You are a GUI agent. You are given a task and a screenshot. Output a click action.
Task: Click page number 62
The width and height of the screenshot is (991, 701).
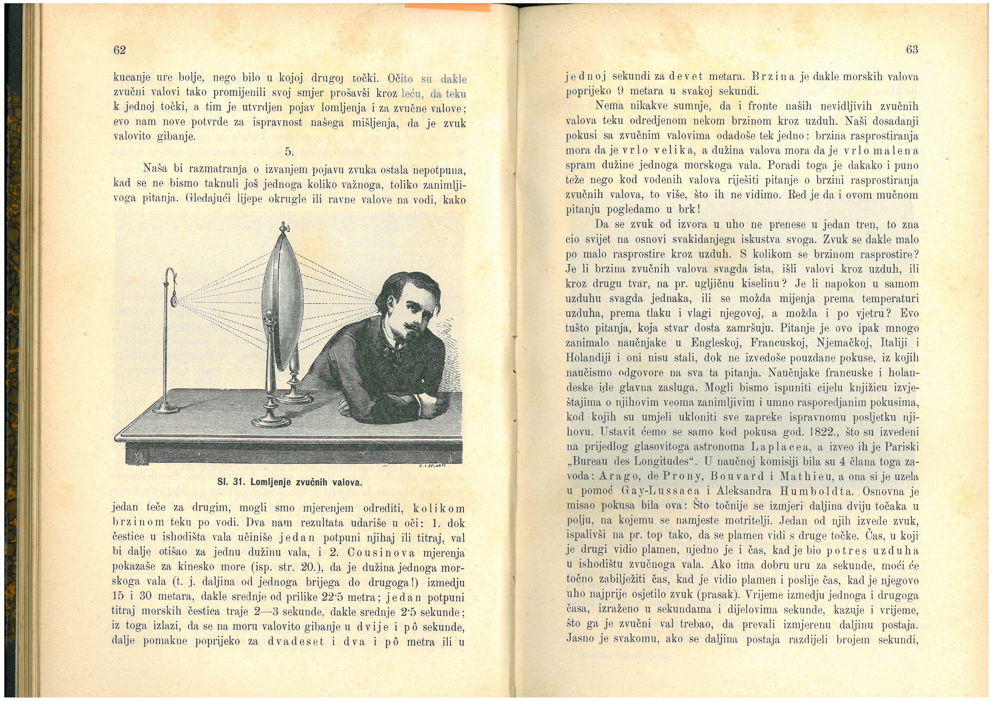(119, 50)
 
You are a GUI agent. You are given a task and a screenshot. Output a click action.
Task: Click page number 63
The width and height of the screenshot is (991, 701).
(912, 50)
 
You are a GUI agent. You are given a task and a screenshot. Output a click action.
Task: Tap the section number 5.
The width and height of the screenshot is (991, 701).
(290, 152)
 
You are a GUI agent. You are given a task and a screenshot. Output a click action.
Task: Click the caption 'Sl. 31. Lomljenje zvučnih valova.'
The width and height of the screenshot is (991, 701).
(289, 483)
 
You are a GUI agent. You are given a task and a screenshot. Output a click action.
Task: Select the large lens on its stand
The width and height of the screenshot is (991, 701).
(282, 307)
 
